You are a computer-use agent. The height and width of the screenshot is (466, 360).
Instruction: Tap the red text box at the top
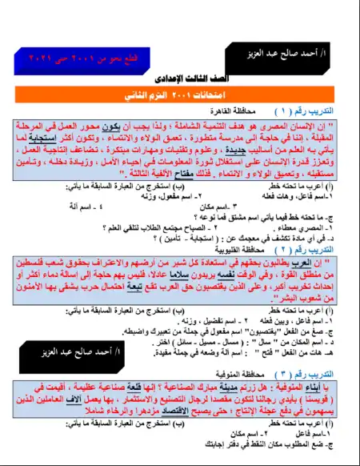coord(67,58)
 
